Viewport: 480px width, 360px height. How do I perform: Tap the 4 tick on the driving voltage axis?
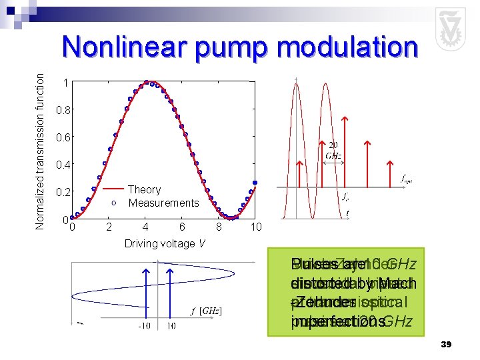coord(145,227)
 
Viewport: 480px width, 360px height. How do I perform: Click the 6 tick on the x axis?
coord(182,227)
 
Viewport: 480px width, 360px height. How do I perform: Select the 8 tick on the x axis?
coord(219,227)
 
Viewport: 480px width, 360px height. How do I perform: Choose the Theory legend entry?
coord(144,190)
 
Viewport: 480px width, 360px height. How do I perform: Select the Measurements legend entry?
coord(163,203)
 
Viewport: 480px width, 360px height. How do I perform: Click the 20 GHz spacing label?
coord(333,150)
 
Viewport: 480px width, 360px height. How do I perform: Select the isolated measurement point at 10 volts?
coord(255,183)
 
